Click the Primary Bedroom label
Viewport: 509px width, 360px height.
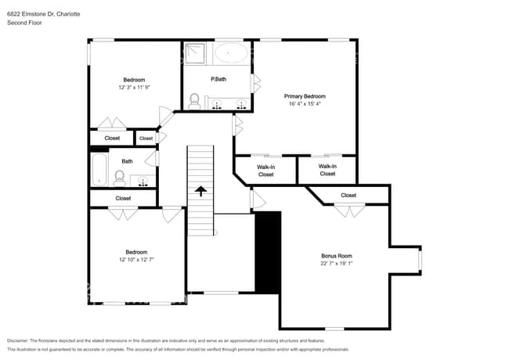pos(305,96)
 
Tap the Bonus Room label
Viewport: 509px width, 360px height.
pos(337,256)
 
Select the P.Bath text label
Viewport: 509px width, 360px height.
pos(218,79)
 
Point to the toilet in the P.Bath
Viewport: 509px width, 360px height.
pos(194,100)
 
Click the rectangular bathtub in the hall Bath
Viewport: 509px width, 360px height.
pos(98,169)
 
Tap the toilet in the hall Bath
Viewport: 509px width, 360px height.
pos(120,178)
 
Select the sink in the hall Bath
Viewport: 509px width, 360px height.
pos(143,181)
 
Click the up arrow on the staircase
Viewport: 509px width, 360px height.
pos(200,190)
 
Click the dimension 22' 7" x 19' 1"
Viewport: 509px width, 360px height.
pos(337,264)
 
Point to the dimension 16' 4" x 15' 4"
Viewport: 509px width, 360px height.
pos(305,103)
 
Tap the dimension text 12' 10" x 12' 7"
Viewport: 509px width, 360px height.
pos(137,259)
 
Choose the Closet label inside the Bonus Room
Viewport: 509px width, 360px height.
pos(348,195)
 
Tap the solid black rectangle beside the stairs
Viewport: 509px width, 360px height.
pos(268,252)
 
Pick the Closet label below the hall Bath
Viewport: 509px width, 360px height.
pos(123,198)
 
